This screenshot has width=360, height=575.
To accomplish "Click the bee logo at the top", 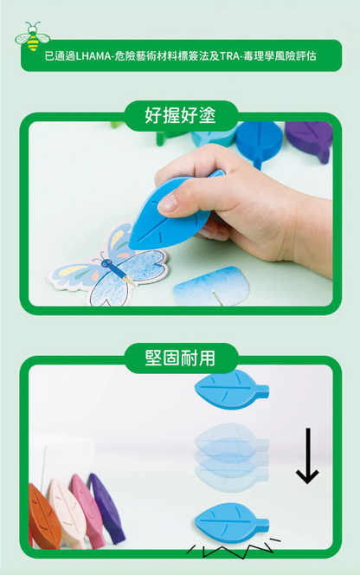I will (x=33, y=36).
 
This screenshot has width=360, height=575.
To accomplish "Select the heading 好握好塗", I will (x=180, y=113).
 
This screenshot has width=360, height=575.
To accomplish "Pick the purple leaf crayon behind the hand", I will (x=309, y=139).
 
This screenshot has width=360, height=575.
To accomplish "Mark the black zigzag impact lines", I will (x=234, y=547).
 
